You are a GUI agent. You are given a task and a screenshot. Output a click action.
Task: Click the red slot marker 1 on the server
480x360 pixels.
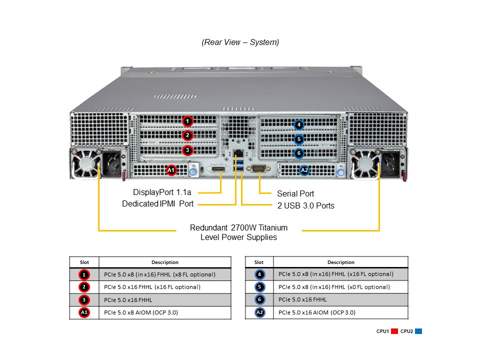[x=187, y=121]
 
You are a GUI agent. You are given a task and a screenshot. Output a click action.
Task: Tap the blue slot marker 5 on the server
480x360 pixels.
[x=298, y=139]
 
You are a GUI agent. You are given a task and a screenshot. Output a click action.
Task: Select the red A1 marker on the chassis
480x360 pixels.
[x=171, y=170]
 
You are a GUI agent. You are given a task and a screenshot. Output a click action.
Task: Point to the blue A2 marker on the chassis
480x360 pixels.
[x=304, y=170]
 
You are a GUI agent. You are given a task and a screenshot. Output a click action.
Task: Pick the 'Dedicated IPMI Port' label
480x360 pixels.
[x=158, y=204]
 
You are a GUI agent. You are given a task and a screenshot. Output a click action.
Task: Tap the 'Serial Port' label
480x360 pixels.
[x=295, y=193]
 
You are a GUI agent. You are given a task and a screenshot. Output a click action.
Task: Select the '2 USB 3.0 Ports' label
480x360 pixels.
[x=306, y=205]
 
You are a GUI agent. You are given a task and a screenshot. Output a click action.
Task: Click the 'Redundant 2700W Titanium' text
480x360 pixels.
[x=238, y=228]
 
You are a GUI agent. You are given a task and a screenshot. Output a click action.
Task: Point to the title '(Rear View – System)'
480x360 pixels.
[x=240, y=42]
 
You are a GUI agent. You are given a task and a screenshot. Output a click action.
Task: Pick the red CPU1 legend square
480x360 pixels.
[x=394, y=331]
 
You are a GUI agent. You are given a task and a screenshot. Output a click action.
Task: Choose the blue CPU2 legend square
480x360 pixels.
[x=418, y=331]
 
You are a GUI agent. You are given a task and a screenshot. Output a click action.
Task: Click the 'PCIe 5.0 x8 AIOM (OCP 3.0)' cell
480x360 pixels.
[x=141, y=312]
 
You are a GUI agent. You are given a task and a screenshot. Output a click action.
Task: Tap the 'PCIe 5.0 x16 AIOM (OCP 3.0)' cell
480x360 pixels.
[x=317, y=312]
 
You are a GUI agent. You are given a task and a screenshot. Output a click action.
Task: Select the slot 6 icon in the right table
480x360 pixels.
[x=259, y=299]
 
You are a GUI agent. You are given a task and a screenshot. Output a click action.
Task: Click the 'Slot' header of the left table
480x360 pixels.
[x=84, y=262]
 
